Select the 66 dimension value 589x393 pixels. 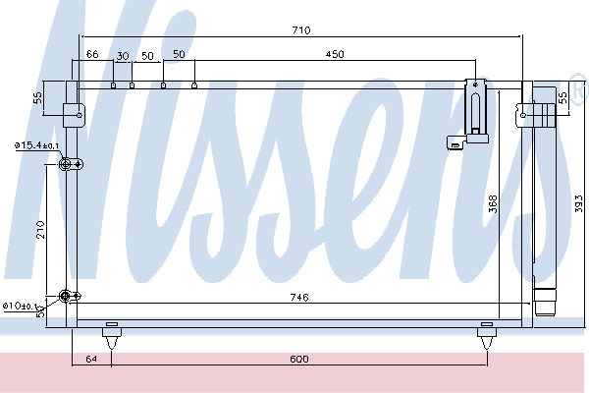[92, 54]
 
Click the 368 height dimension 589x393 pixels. [493, 202]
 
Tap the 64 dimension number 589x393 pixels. [92, 359]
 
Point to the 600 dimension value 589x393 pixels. [300, 359]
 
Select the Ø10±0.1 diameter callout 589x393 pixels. [29, 307]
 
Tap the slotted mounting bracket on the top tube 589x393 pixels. [476, 107]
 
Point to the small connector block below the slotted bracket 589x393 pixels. [455, 144]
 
